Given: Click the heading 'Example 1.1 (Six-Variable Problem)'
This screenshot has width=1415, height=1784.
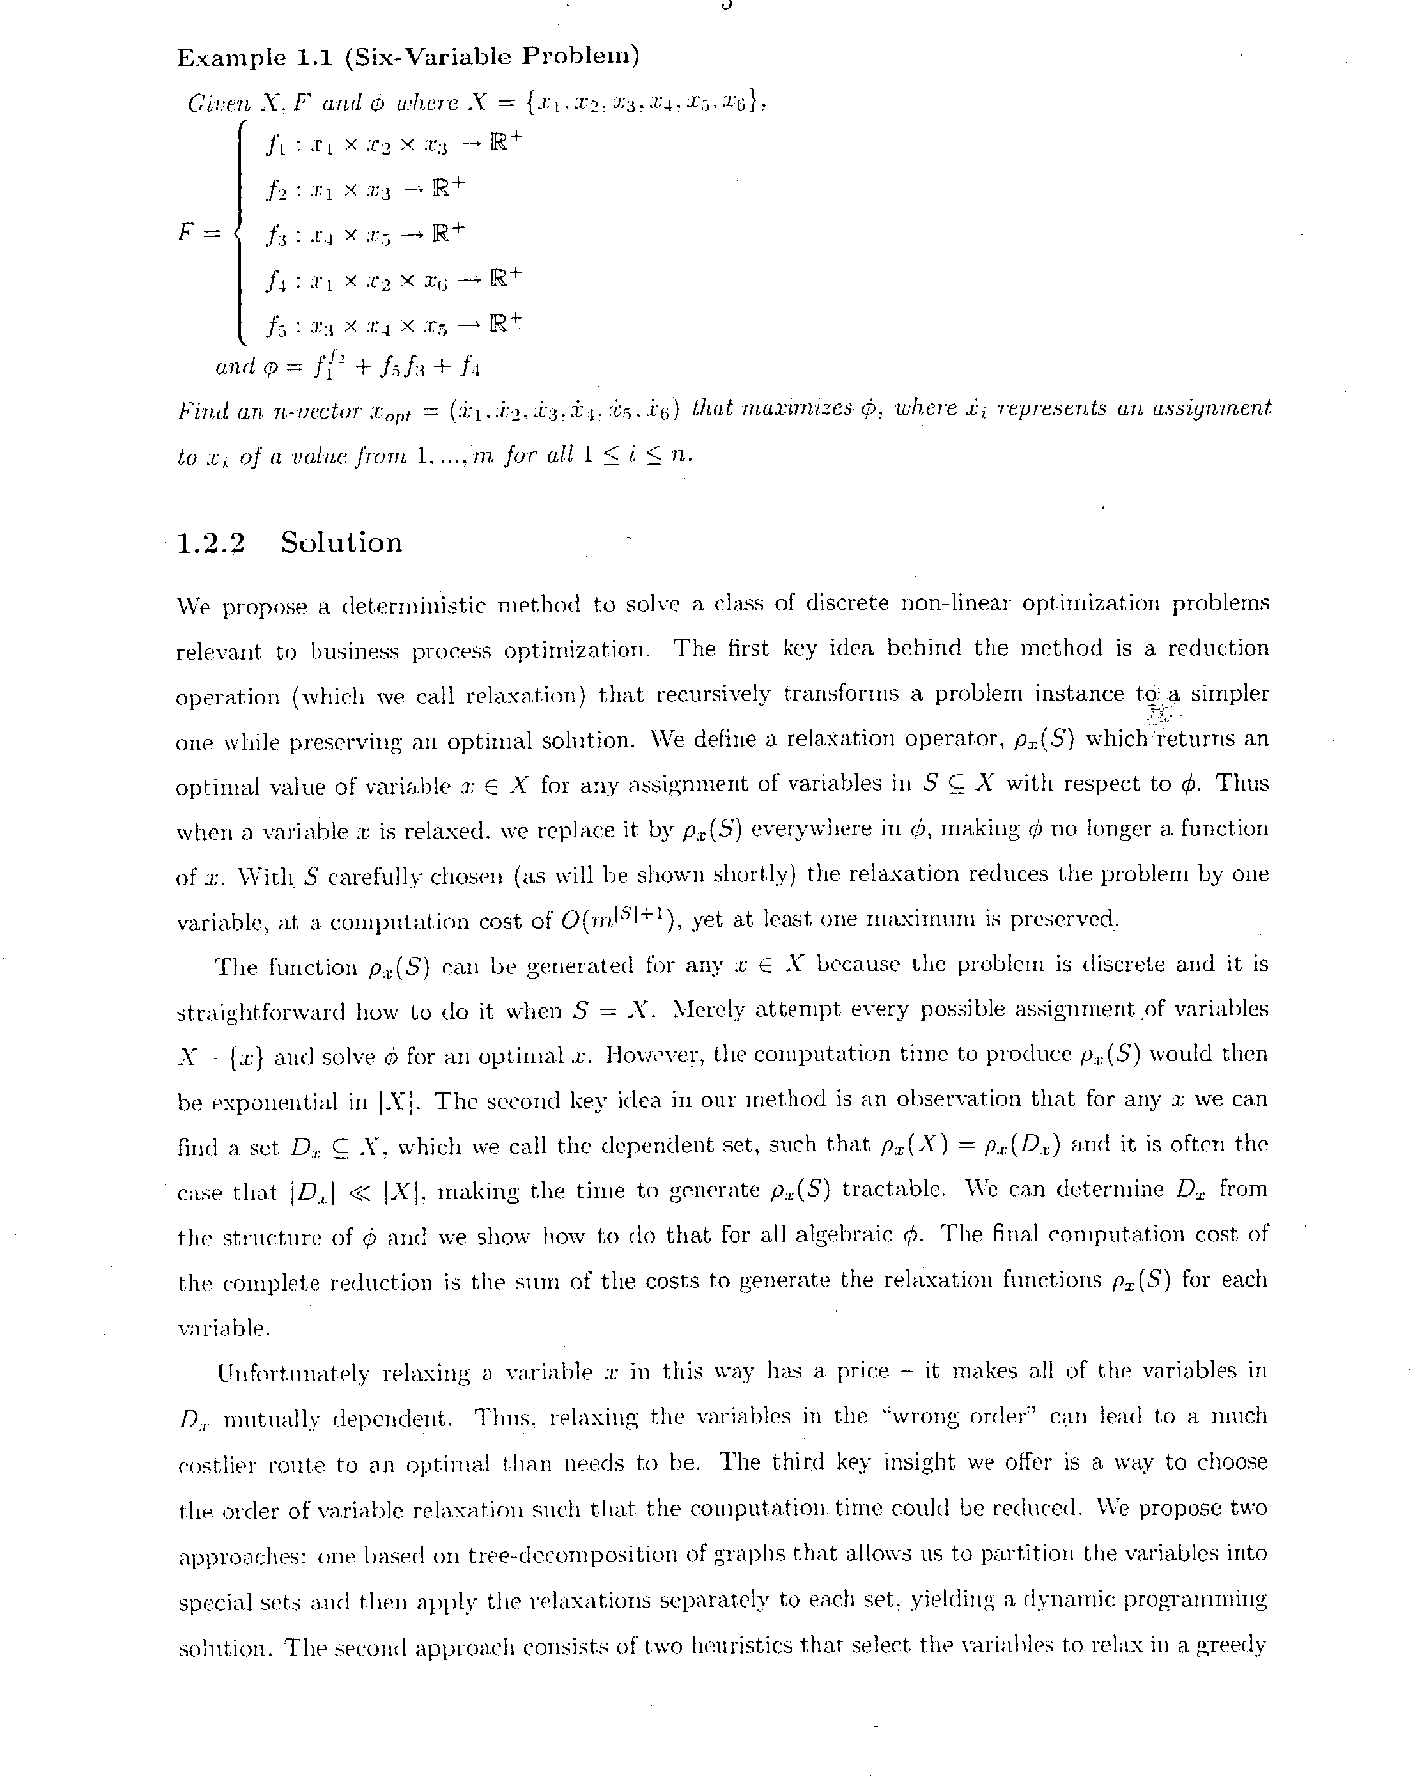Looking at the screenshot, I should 408,57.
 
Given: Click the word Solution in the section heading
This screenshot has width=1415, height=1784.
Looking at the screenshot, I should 341,543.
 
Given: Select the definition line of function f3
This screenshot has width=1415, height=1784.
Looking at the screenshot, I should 365,234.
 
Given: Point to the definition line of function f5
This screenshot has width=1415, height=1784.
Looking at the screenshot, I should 393,324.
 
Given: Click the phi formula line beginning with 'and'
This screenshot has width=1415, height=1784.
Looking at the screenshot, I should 346,364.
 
